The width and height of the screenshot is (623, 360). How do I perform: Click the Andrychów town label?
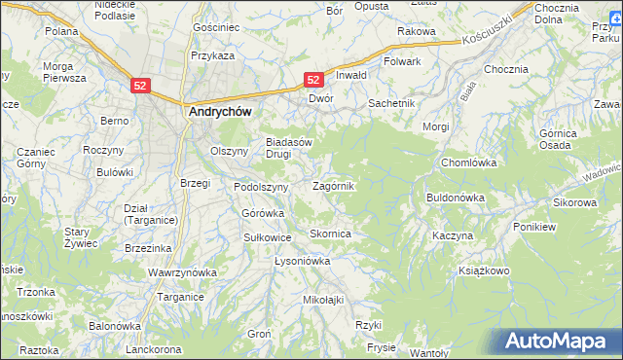click(x=219, y=112)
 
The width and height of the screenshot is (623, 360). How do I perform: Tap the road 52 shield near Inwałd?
click(x=313, y=80)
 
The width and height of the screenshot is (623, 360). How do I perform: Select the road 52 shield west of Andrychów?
click(x=141, y=86)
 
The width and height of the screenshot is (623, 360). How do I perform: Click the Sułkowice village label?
click(x=268, y=236)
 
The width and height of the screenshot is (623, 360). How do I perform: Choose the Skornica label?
click(x=329, y=234)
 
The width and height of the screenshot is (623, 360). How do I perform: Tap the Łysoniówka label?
click(x=303, y=262)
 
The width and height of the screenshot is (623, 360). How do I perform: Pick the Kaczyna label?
click(x=453, y=236)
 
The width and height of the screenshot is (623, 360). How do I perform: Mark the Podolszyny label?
click(x=261, y=187)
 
